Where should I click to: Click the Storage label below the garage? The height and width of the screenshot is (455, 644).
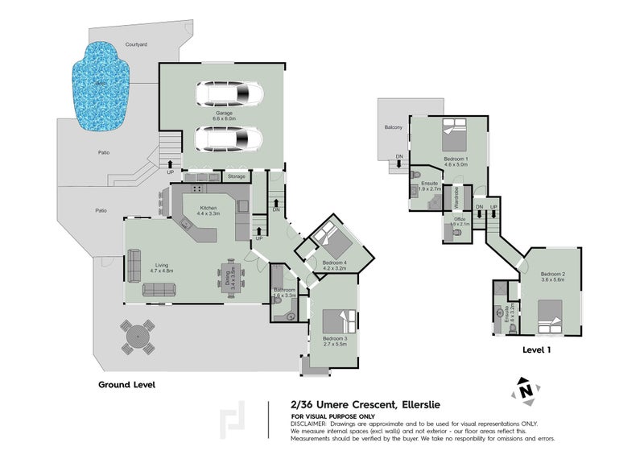click(236, 176)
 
